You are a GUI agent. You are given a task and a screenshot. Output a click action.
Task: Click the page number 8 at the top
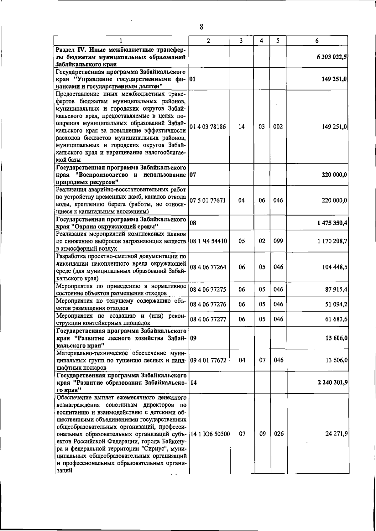click(201, 27)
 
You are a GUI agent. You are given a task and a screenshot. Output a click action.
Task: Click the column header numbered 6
click(317, 40)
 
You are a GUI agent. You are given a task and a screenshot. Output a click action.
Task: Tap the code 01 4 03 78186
click(208, 127)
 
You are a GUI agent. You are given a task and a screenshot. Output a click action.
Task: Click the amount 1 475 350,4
click(332, 223)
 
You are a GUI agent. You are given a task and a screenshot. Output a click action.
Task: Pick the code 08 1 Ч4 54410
click(209, 241)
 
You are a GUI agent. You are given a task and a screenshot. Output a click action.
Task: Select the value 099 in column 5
click(278, 241)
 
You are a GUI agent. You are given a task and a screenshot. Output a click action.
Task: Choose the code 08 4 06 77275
click(208, 289)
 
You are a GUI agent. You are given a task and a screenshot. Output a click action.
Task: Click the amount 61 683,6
click(336, 319)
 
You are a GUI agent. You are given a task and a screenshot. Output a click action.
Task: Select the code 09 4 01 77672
click(208, 360)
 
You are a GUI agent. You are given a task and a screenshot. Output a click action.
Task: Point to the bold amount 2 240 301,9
click(332, 382)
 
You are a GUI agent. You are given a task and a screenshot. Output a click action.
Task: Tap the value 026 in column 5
click(278, 434)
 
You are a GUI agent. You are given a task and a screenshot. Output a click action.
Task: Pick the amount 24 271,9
click(336, 434)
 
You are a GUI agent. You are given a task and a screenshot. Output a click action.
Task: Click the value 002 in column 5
click(278, 127)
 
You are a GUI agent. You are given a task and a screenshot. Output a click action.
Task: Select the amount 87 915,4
click(336, 289)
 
